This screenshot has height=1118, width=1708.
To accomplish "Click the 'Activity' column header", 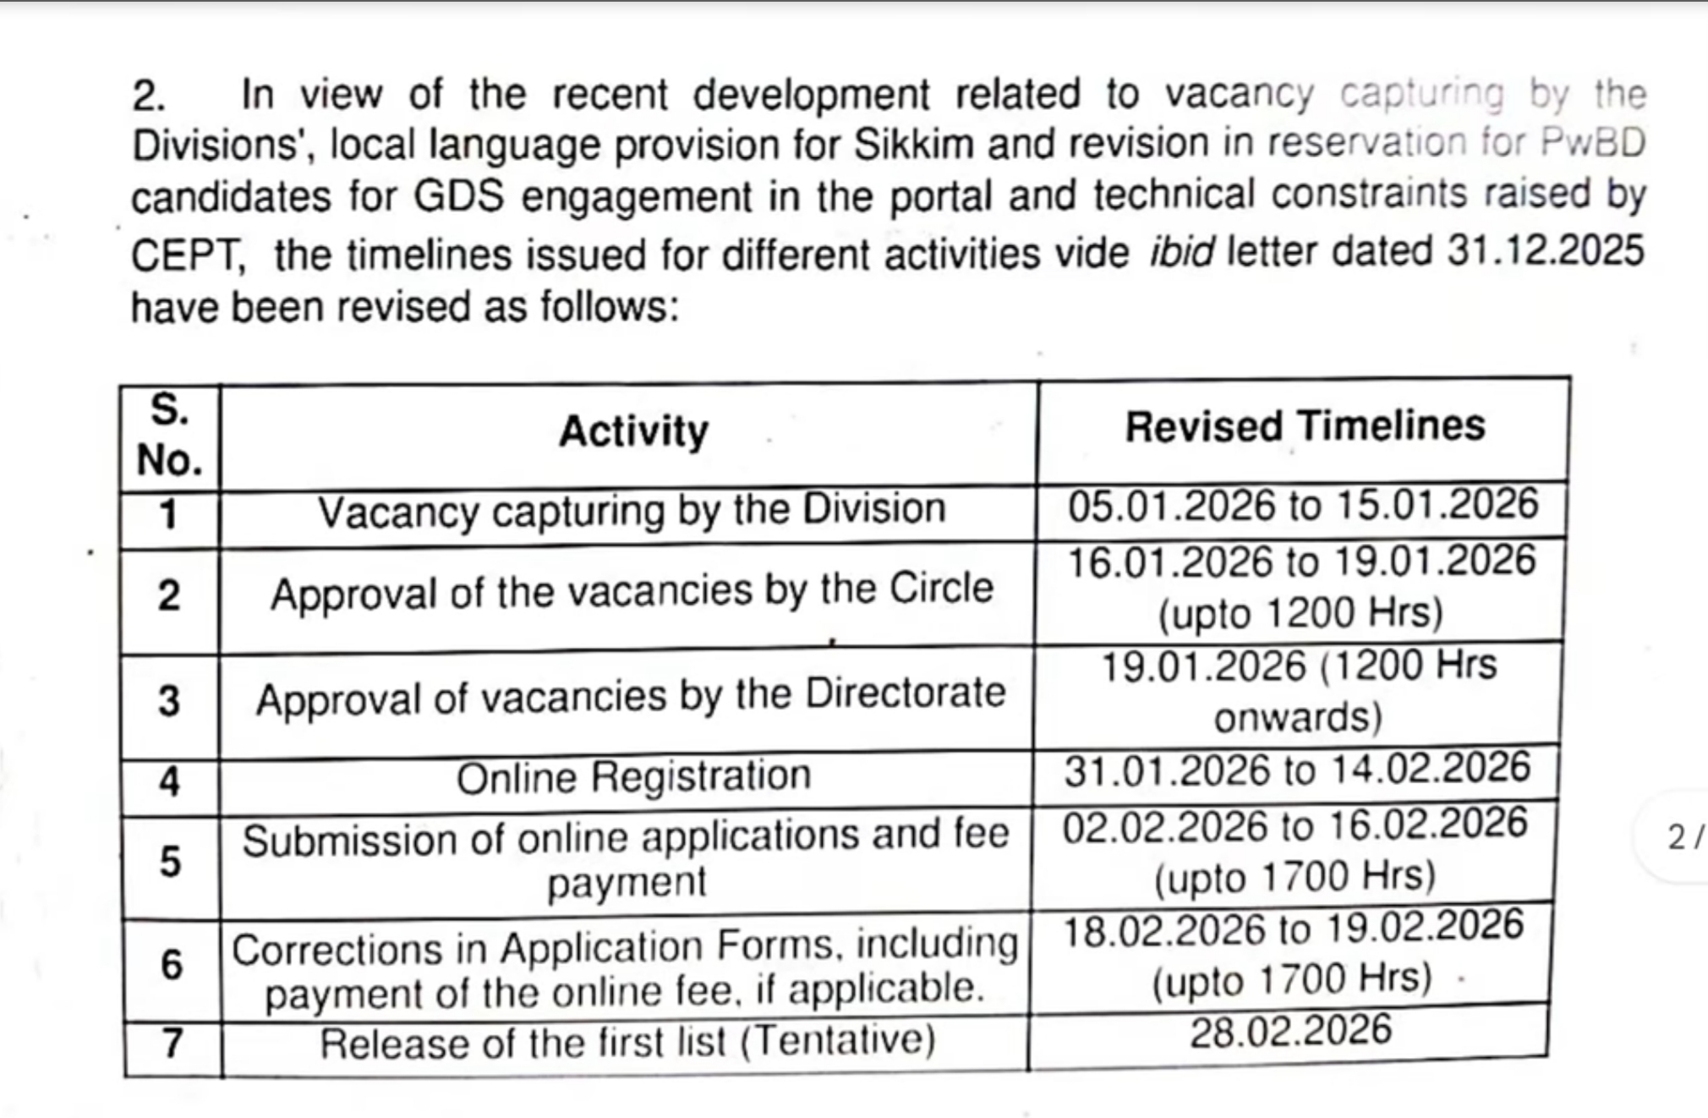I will coord(633,431).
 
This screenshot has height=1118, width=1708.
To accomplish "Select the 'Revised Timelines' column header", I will coord(1304,425).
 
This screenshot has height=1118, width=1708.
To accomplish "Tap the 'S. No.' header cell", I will coord(169,436).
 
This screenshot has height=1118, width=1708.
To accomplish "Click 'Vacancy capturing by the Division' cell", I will coord(631,511).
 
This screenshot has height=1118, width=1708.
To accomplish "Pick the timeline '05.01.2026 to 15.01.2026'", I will coord(1302,506).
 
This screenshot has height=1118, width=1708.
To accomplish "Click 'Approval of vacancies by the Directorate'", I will coord(631,698).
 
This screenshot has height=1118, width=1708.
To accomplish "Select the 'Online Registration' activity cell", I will coord(632,776).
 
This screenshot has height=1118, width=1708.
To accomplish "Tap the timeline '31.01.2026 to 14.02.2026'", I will coord(1297,770).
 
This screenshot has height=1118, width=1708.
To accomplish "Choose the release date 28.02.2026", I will coord(1290,1031).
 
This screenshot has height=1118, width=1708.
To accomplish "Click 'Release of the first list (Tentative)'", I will coord(627,1042).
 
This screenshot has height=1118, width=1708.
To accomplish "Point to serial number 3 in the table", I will coord(169,701).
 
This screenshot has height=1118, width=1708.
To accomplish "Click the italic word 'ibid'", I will coord(1181,252).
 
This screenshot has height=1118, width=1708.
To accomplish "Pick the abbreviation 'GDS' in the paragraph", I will coord(458,197).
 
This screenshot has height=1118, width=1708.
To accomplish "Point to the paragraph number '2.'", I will coord(149,96).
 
